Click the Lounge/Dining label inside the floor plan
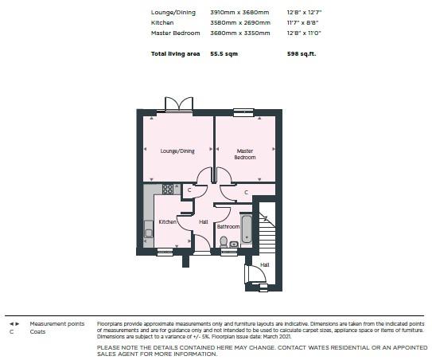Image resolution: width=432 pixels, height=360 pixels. click(177, 151)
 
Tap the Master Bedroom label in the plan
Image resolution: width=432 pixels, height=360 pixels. click(245, 155)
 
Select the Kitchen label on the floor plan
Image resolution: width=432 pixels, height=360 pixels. click(167, 221)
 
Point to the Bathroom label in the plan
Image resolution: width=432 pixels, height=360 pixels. click(228, 226)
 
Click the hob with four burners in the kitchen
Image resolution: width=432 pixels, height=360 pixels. click(168, 190)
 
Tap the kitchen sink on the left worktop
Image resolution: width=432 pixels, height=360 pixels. click(149, 229)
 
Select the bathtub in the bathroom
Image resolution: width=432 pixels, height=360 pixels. click(247, 229)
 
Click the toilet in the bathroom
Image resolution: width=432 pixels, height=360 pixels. click(224, 241)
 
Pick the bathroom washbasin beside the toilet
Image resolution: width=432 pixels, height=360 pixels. click(234, 245)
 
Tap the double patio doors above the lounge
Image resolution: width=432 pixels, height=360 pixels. click(179, 104)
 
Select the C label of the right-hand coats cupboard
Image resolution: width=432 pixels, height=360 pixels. click(247, 192)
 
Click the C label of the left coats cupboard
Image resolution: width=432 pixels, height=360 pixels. click(189, 190)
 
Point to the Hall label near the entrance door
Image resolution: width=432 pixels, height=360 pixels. click(264, 265)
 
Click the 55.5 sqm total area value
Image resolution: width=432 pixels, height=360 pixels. click(224, 54)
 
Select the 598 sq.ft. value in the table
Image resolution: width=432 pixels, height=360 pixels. click(302, 54)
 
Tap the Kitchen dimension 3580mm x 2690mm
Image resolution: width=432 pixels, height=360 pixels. click(240, 22)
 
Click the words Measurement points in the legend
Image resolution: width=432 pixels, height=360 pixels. click(57, 324)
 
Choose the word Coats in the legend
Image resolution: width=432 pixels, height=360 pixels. click(37, 331)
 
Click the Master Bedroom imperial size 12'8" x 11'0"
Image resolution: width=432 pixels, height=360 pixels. click(304, 33)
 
